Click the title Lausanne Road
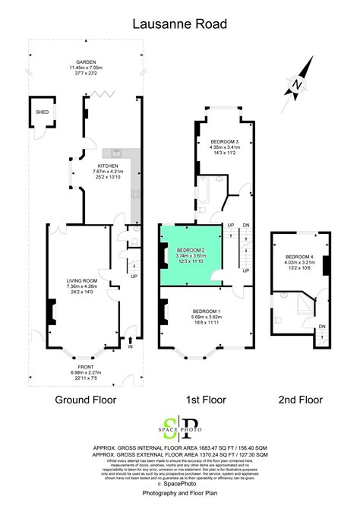[x=179, y=24]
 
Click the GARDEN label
[x=85, y=62]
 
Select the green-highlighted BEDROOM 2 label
[x=191, y=250]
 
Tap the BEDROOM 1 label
[x=207, y=312]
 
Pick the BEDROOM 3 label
[x=224, y=142]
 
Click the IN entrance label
[x=130, y=347]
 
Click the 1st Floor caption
[x=205, y=400]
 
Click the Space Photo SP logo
[x=180, y=428]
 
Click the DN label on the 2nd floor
[x=321, y=327]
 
